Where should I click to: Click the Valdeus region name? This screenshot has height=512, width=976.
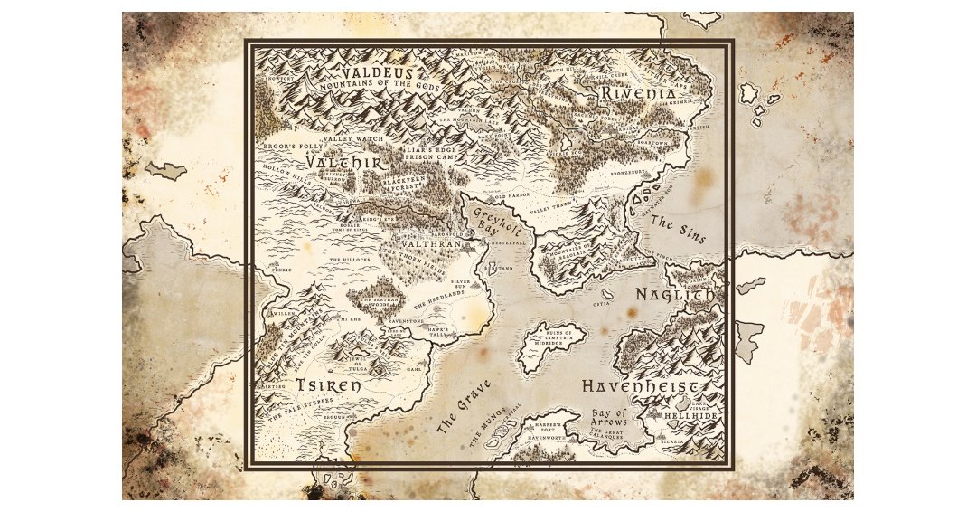[373, 72]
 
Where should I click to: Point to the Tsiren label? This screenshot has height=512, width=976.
[328, 385]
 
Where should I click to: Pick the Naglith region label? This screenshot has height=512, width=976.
[674, 295]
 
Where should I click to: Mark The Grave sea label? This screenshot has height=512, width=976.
[464, 407]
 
